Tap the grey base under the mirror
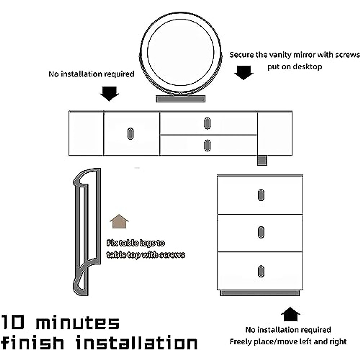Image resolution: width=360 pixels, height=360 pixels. click(x=180, y=99)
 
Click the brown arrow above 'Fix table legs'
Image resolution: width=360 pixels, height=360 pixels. click(x=119, y=222)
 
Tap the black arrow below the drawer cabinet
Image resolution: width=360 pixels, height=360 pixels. click(x=290, y=314)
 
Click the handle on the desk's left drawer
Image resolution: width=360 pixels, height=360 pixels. click(x=130, y=133)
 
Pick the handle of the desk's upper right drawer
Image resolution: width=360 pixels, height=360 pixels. click(x=207, y=123)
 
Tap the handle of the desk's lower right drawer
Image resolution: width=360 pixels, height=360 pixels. click(x=207, y=145)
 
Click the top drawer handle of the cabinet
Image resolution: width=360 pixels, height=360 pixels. click(x=261, y=195)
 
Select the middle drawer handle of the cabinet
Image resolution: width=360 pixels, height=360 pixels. click(x=261, y=232)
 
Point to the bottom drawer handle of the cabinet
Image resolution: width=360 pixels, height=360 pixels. click(x=261, y=271)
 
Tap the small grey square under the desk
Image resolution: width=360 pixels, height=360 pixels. click(x=262, y=160)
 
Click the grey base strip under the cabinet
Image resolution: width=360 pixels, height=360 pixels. click(x=260, y=293)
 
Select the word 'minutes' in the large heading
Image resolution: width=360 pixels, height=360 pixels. click(x=78, y=323)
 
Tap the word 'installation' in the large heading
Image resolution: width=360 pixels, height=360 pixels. click(x=136, y=343)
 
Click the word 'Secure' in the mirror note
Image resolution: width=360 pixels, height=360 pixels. click(x=242, y=55)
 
